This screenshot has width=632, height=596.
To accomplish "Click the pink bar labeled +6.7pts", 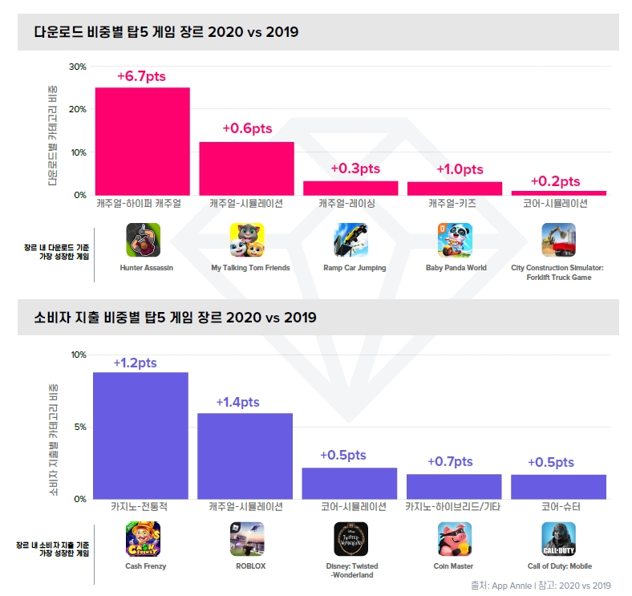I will (x=142, y=141).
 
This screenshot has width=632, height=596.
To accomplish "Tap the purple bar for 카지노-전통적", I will (x=140, y=436).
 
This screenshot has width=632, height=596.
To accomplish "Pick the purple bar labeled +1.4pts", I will (x=245, y=456).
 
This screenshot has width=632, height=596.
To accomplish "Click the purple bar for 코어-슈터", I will (x=558, y=486).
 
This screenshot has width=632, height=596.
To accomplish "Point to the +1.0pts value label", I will (x=460, y=169).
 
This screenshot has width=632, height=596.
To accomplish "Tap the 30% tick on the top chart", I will (x=77, y=66).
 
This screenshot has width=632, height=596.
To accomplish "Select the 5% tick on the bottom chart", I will (x=79, y=427).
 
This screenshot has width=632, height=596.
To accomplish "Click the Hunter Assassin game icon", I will (x=143, y=239).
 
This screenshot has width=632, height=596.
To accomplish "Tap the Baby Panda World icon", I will (x=455, y=239).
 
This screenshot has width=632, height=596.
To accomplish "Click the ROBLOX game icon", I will (x=247, y=539).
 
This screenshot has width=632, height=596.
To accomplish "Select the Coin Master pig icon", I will (x=455, y=539).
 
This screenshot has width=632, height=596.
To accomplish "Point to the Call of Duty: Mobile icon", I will (x=558, y=539).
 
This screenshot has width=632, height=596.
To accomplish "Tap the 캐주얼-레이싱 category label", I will (x=350, y=204).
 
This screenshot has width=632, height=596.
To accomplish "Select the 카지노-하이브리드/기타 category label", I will (x=453, y=507).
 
